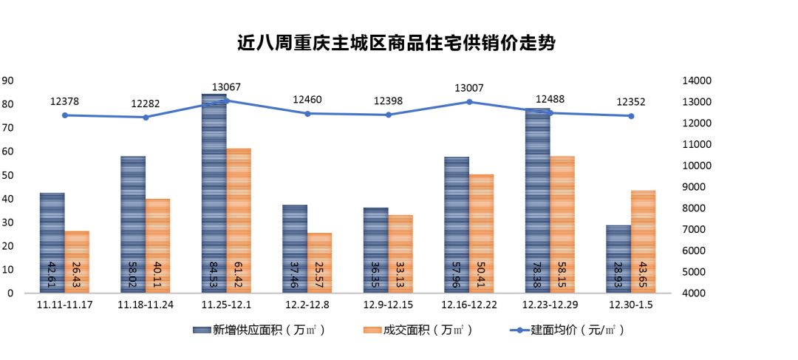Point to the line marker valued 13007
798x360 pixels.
click(x=469, y=101)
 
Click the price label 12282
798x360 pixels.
click(x=146, y=104)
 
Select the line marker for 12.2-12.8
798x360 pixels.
click(x=307, y=113)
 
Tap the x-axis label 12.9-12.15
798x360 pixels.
click(x=388, y=304)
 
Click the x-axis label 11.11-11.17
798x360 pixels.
click(x=64, y=304)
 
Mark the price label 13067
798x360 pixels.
click(x=226, y=87)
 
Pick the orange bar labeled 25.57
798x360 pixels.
click(x=319, y=263)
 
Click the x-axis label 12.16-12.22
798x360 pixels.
click(x=469, y=304)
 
